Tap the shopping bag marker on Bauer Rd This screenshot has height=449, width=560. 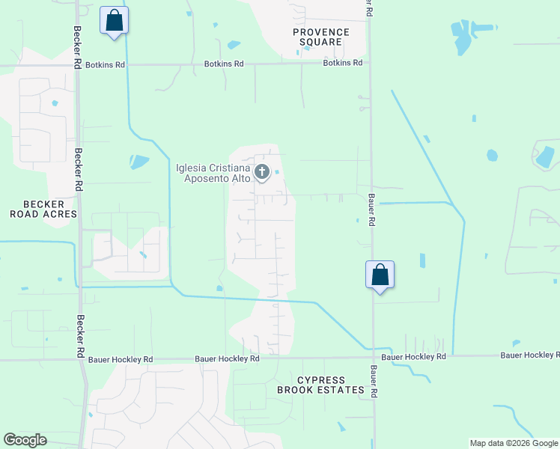(380, 275)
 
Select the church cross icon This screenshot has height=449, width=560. (262, 173)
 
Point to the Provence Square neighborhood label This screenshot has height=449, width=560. (321, 37)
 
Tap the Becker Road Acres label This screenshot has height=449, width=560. (43, 209)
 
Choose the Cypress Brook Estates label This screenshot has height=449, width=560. (321, 385)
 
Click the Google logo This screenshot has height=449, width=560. (25, 440)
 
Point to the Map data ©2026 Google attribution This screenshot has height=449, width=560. (514, 443)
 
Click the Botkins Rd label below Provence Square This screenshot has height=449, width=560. (342, 64)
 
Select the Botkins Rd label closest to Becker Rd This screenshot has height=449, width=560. (106, 65)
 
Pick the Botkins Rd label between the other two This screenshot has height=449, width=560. (224, 64)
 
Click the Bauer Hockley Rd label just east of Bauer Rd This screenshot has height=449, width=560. (413, 358)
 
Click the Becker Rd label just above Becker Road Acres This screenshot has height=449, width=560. (78, 166)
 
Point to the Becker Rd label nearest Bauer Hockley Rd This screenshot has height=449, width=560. (80, 335)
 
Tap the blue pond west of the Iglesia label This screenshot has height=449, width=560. (139, 161)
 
